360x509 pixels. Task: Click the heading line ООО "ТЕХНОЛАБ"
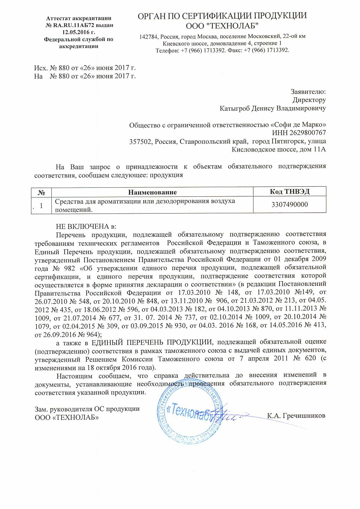click(x=222, y=26)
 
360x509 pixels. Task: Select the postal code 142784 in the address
click(x=149, y=37)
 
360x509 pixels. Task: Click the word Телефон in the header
click(x=167, y=50)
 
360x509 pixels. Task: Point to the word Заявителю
click(x=308, y=92)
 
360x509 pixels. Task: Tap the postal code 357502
click(x=141, y=141)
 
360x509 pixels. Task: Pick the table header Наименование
click(x=152, y=192)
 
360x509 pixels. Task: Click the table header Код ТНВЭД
click(x=289, y=191)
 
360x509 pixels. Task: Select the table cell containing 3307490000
click(x=289, y=205)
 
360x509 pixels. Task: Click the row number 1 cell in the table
click(x=41, y=205)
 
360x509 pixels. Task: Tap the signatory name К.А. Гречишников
click(x=296, y=415)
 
